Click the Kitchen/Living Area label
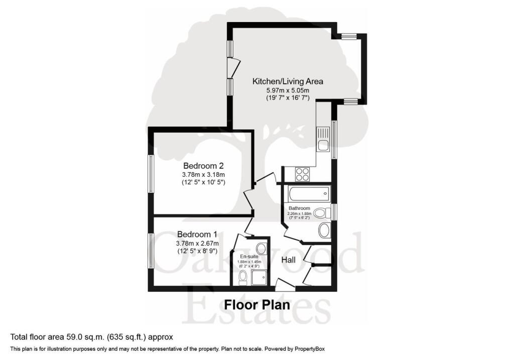(288, 81)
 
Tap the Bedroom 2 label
(203, 166)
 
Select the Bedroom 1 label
(197, 234)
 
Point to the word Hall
(289, 260)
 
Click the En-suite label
(249, 257)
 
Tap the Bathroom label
(299, 208)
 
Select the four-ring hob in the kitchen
(302, 174)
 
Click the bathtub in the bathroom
(309, 194)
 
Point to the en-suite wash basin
(261, 247)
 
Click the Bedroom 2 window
(151, 173)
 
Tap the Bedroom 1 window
(151, 251)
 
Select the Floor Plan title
(257, 305)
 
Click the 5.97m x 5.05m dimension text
(288, 90)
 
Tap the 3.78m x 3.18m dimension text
(203, 175)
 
